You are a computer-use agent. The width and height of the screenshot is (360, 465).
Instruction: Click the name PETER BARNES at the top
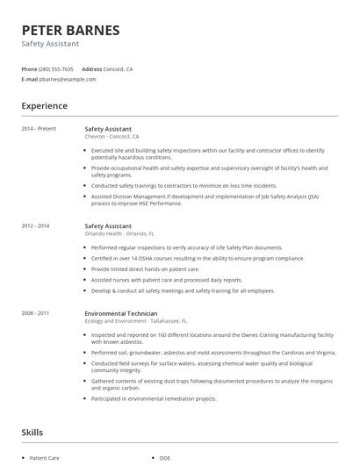(x=70, y=30)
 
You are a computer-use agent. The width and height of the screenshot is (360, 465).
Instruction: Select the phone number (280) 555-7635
(x=57, y=68)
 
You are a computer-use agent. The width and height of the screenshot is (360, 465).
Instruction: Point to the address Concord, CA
(x=119, y=68)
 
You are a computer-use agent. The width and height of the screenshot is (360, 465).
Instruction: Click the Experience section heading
(x=44, y=106)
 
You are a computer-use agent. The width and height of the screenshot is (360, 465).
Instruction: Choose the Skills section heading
(x=32, y=432)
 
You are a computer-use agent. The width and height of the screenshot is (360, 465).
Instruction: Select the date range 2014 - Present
(x=39, y=129)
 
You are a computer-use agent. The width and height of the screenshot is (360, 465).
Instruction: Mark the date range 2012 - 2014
(x=36, y=226)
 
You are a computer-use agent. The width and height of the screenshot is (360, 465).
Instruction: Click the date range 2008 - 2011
(x=36, y=313)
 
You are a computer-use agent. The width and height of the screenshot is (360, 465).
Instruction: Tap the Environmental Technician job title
(x=121, y=313)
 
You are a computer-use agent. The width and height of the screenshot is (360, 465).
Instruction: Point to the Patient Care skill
(x=44, y=458)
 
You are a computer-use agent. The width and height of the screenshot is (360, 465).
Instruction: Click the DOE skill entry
(x=165, y=458)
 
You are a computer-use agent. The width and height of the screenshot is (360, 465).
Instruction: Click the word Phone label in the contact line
(x=29, y=68)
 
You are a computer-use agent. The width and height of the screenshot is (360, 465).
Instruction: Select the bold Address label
(x=91, y=68)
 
